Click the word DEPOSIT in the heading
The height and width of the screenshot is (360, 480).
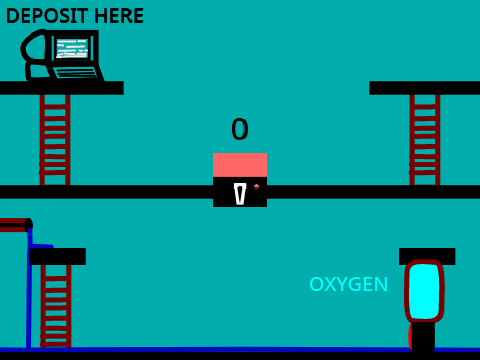(x=47, y=16)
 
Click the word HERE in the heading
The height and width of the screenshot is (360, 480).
(x=119, y=16)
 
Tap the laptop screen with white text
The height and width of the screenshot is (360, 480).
(x=72, y=49)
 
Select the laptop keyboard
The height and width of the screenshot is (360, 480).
(x=76, y=72)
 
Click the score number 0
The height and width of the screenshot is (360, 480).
(x=240, y=129)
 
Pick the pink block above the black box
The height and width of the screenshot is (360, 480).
(x=240, y=165)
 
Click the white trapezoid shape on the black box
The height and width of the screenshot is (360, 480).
(x=240, y=193)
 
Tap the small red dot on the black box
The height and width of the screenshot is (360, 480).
(x=256, y=187)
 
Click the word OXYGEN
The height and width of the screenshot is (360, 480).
(x=349, y=284)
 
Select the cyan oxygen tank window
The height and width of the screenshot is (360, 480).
(x=424, y=291)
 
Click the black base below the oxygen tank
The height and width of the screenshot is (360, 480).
(x=423, y=337)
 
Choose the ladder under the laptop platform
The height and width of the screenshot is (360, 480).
(x=55, y=140)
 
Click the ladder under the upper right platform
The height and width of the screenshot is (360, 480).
(x=425, y=140)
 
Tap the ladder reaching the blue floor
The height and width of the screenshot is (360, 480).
(x=56, y=306)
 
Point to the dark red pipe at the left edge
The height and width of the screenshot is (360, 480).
(x=16, y=225)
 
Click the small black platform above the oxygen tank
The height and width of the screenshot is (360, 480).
(x=427, y=256)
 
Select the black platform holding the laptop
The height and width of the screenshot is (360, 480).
(x=62, y=88)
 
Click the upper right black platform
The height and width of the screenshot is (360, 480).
(x=424, y=88)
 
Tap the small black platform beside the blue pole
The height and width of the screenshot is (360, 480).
(x=58, y=256)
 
